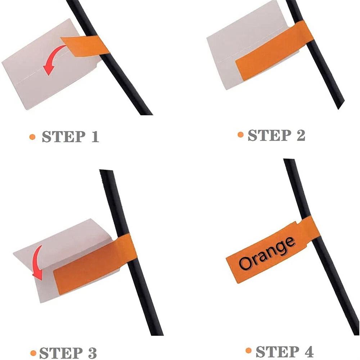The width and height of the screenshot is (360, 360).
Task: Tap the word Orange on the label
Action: pyautogui.click(x=267, y=253)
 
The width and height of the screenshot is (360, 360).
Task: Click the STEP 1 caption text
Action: pyautogui.click(x=70, y=136)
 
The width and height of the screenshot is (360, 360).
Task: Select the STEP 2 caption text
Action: pyautogui.click(x=276, y=135)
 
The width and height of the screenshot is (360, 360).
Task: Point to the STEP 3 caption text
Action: pyautogui.click(x=68, y=353)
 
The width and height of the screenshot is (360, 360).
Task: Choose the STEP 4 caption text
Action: pyautogui.click(x=284, y=351)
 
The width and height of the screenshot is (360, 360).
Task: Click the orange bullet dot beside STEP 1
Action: pyautogui.click(x=32, y=137)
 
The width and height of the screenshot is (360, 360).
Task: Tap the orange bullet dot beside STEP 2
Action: pyautogui.click(x=240, y=135)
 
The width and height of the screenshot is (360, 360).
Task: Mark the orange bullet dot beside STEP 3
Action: pyautogui.click(x=33, y=353)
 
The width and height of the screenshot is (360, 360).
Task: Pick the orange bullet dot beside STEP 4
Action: pyautogui.click(x=248, y=351)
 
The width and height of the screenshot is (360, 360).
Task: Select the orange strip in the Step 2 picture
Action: pyautogui.click(x=273, y=51)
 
